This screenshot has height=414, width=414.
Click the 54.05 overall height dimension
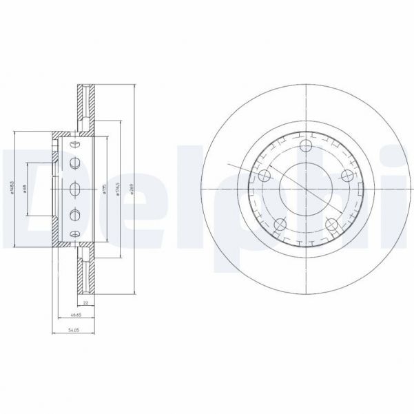pos(72,329)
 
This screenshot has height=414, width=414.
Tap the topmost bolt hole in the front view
pos(306,145)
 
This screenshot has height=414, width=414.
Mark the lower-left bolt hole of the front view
pos(280,225)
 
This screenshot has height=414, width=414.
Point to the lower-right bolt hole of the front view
pos(331,225)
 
